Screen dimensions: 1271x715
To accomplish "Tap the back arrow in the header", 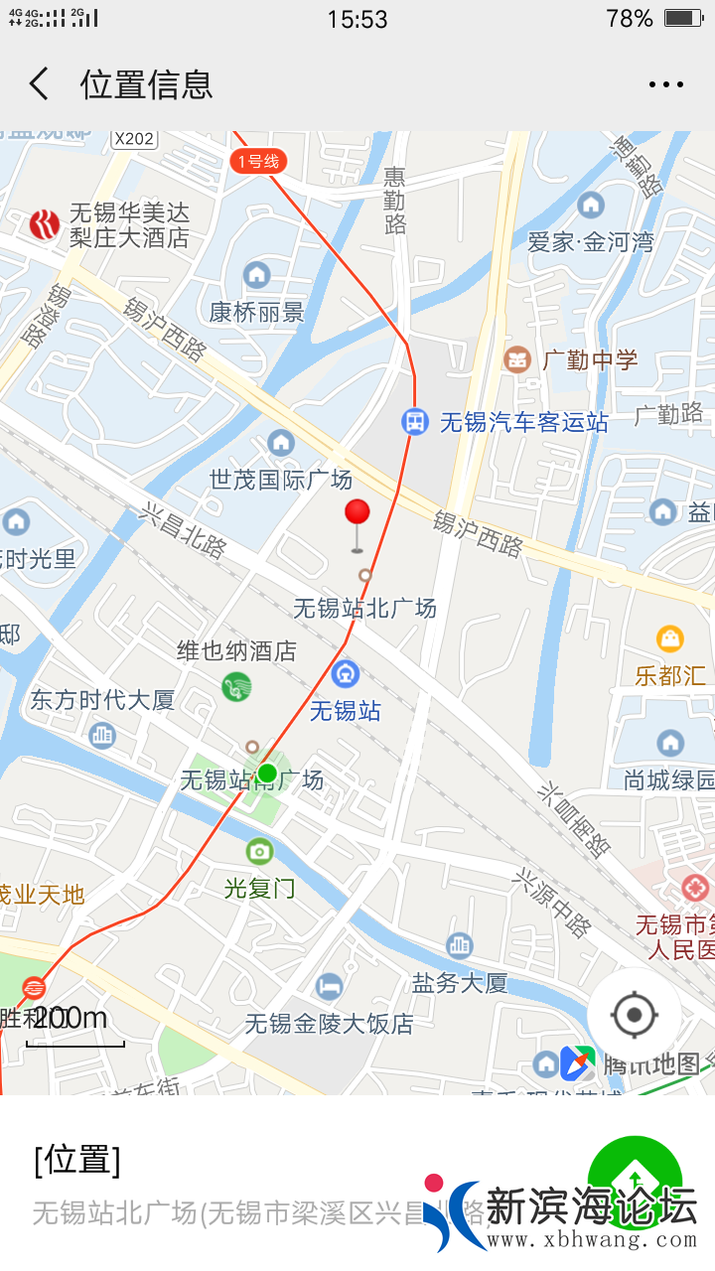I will coord(39,84).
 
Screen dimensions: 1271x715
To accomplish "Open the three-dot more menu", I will coord(665,84).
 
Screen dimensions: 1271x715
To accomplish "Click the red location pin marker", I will coord(357,514).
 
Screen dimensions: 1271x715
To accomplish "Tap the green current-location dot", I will coord(267,773).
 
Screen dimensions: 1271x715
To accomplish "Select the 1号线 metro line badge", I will coord(258,161).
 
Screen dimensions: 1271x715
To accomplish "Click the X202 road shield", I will coord(133,139).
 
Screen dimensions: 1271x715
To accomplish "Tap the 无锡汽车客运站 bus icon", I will coord(414,422).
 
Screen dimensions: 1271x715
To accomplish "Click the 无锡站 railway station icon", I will coord(346,674).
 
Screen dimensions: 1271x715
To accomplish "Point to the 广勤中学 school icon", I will coord(517,359).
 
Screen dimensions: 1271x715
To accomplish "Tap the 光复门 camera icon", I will coord(259,850).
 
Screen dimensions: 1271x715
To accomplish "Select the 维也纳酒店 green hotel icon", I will coord(236,686).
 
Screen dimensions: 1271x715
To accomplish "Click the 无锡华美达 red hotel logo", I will coord(44,225).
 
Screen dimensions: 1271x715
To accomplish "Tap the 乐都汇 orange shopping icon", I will coord(670,638).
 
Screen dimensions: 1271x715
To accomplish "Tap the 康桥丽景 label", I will coord(256,312).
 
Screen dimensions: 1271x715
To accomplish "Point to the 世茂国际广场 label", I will coord(281,480).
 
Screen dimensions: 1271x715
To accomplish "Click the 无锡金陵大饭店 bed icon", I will coord(329,986).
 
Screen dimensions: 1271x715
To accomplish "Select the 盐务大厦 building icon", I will coord(459,945).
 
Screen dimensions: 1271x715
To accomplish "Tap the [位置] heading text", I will coord(77,1159).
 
